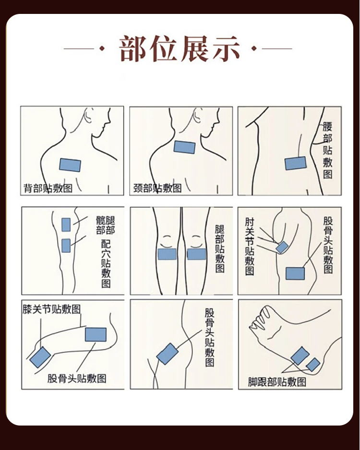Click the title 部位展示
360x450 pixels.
tap(180, 49)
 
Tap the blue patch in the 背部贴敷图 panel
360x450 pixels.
tap(70, 165)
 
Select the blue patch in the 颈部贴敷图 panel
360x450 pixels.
tap(184, 147)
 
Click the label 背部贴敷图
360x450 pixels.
tap(48, 188)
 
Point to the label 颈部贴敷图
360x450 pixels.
tap(157, 188)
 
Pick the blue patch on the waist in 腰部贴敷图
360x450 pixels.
tap(295, 163)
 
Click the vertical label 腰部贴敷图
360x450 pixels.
tap(327, 150)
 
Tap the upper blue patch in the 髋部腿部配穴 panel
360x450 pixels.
tap(66, 225)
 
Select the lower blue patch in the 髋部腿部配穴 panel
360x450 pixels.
tap(66, 246)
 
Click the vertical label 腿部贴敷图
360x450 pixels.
tap(220, 249)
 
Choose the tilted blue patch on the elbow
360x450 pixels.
tap(282, 248)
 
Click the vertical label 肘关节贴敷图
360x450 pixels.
tap(250, 247)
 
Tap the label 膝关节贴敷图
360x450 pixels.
tap(52, 309)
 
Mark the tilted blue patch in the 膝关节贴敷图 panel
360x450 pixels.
tap(40, 357)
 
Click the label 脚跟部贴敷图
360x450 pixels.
tap(277, 382)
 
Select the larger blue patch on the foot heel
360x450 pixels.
tap(300, 356)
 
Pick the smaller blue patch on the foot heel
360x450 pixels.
tap(313, 365)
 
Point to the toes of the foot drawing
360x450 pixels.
tap(260, 318)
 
